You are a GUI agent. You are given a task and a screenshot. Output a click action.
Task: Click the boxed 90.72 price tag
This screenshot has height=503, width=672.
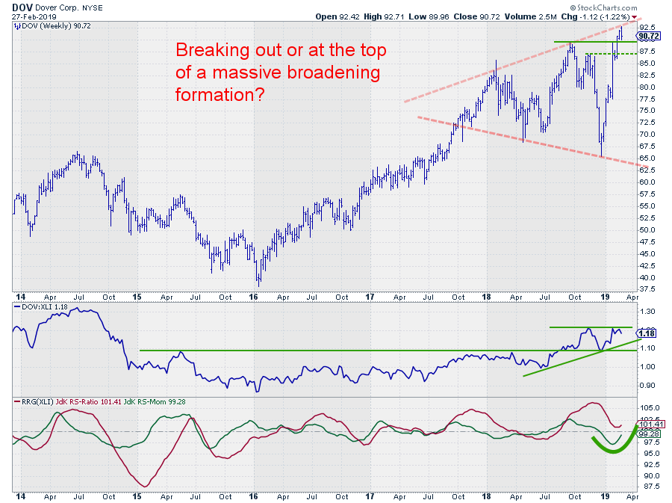(649, 36)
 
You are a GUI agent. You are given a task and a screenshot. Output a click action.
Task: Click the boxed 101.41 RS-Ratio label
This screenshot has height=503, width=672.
(648, 425)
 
